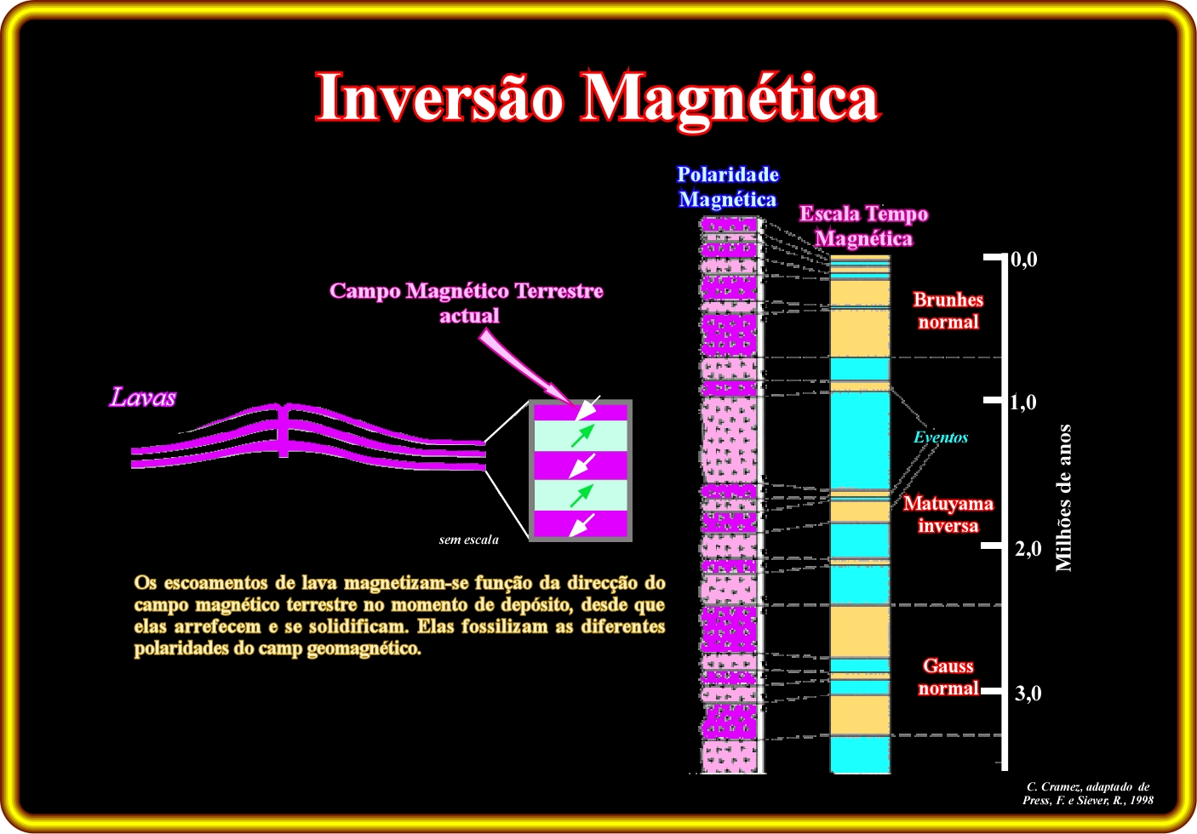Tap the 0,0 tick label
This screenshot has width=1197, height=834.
[1024, 260]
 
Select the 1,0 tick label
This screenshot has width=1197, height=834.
[1023, 403]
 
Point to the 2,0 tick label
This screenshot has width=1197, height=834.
[1028, 549]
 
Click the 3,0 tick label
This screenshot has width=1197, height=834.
[1028, 694]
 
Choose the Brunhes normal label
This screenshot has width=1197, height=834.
[948, 311]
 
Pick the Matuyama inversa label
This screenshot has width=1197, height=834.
[948, 515]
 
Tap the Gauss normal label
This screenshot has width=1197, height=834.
[948, 677]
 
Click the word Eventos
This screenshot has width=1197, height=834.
[941, 437]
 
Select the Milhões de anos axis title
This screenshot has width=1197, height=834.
[1064, 498]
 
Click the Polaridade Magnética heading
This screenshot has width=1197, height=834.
[727, 187]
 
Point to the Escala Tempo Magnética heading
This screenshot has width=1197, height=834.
[863, 226]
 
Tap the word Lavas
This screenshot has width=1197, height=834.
[143, 397]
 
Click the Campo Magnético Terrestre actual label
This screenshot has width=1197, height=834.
[466, 303]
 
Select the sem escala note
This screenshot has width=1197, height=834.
[468, 540]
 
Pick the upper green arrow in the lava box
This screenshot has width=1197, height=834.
[582, 436]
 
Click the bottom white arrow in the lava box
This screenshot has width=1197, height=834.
[582, 525]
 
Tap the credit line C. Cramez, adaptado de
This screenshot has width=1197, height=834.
[1088, 786]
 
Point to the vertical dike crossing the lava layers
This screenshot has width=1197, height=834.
[283, 430]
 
